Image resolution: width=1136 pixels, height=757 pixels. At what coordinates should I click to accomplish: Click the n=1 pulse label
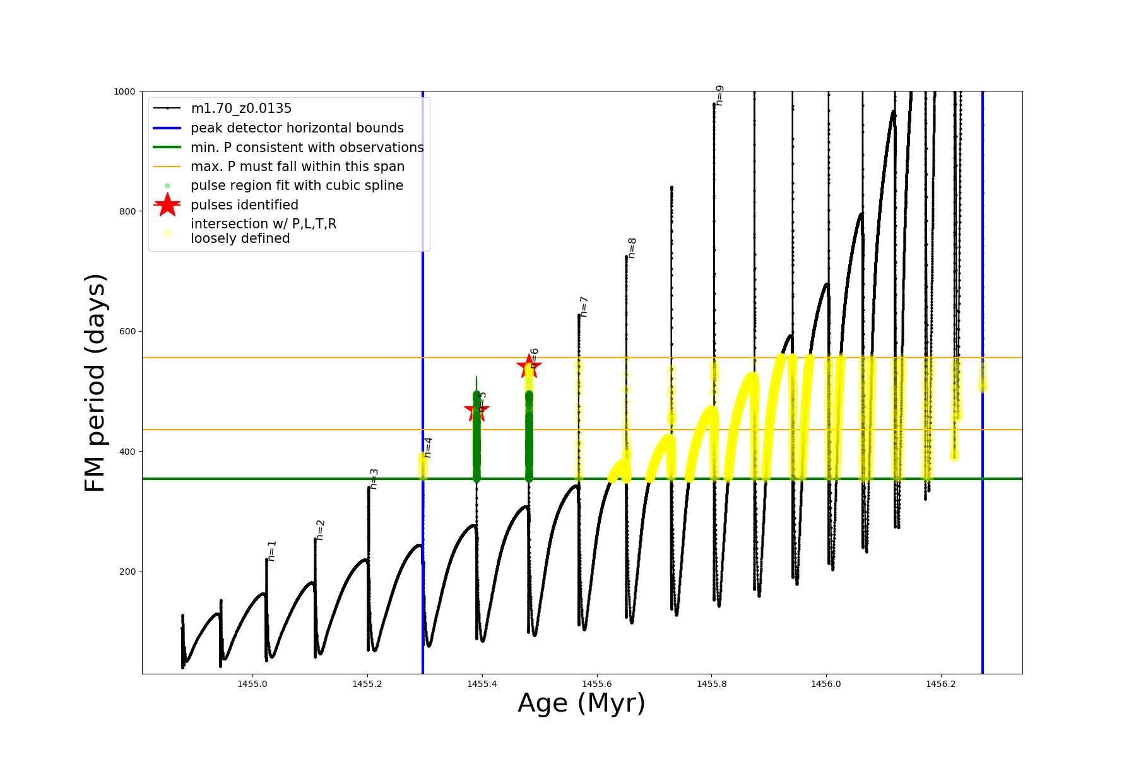pos(272,551)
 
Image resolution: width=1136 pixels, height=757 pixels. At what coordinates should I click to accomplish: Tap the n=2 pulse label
pos(321,530)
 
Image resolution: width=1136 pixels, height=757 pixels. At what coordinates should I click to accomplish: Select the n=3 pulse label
pos(374,479)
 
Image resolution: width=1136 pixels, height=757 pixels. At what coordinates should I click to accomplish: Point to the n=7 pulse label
pos(584,307)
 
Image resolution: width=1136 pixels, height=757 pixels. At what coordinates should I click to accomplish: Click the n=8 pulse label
pos(632,248)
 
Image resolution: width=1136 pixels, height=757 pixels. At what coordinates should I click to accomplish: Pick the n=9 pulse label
pos(719,95)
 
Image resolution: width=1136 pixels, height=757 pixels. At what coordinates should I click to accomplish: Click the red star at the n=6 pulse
pos(528,367)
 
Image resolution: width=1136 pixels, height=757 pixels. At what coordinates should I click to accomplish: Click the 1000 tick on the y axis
pos(124,91)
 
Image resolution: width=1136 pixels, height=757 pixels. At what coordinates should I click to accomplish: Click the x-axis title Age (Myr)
pos(581,703)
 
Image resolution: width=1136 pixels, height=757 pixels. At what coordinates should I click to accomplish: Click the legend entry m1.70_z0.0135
pos(241,109)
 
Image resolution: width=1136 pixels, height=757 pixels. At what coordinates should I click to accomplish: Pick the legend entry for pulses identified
pos(244,205)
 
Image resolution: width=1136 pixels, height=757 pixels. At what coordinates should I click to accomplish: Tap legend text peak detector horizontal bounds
pos(297,128)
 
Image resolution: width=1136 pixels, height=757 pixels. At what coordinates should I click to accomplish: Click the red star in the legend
pos(167,204)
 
